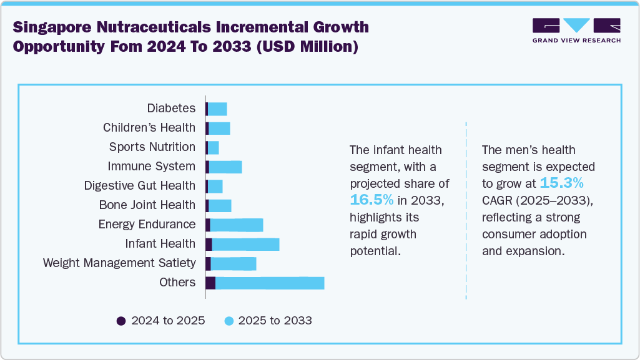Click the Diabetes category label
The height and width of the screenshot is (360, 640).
(171, 109)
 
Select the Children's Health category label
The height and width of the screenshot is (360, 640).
(149, 128)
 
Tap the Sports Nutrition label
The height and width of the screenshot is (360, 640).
(152, 147)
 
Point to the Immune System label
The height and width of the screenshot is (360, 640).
(152, 167)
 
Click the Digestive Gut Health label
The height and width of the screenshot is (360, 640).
(140, 186)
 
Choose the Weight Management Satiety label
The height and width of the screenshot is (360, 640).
(119, 263)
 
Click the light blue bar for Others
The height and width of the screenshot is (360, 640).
(270, 283)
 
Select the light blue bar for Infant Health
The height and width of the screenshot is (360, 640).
(245, 244)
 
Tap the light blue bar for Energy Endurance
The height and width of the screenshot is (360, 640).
(237, 225)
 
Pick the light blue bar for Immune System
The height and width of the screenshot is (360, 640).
(225, 167)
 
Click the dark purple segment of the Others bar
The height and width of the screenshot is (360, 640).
(210, 283)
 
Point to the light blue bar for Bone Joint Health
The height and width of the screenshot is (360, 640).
(220, 205)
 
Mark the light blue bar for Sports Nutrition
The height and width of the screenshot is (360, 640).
(213, 147)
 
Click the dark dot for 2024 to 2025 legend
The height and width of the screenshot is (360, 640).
(121, 321)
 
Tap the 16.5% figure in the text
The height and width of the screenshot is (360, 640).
(372, 200)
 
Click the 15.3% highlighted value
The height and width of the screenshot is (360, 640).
(561, 183)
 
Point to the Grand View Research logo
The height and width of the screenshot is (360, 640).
(576, 31)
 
